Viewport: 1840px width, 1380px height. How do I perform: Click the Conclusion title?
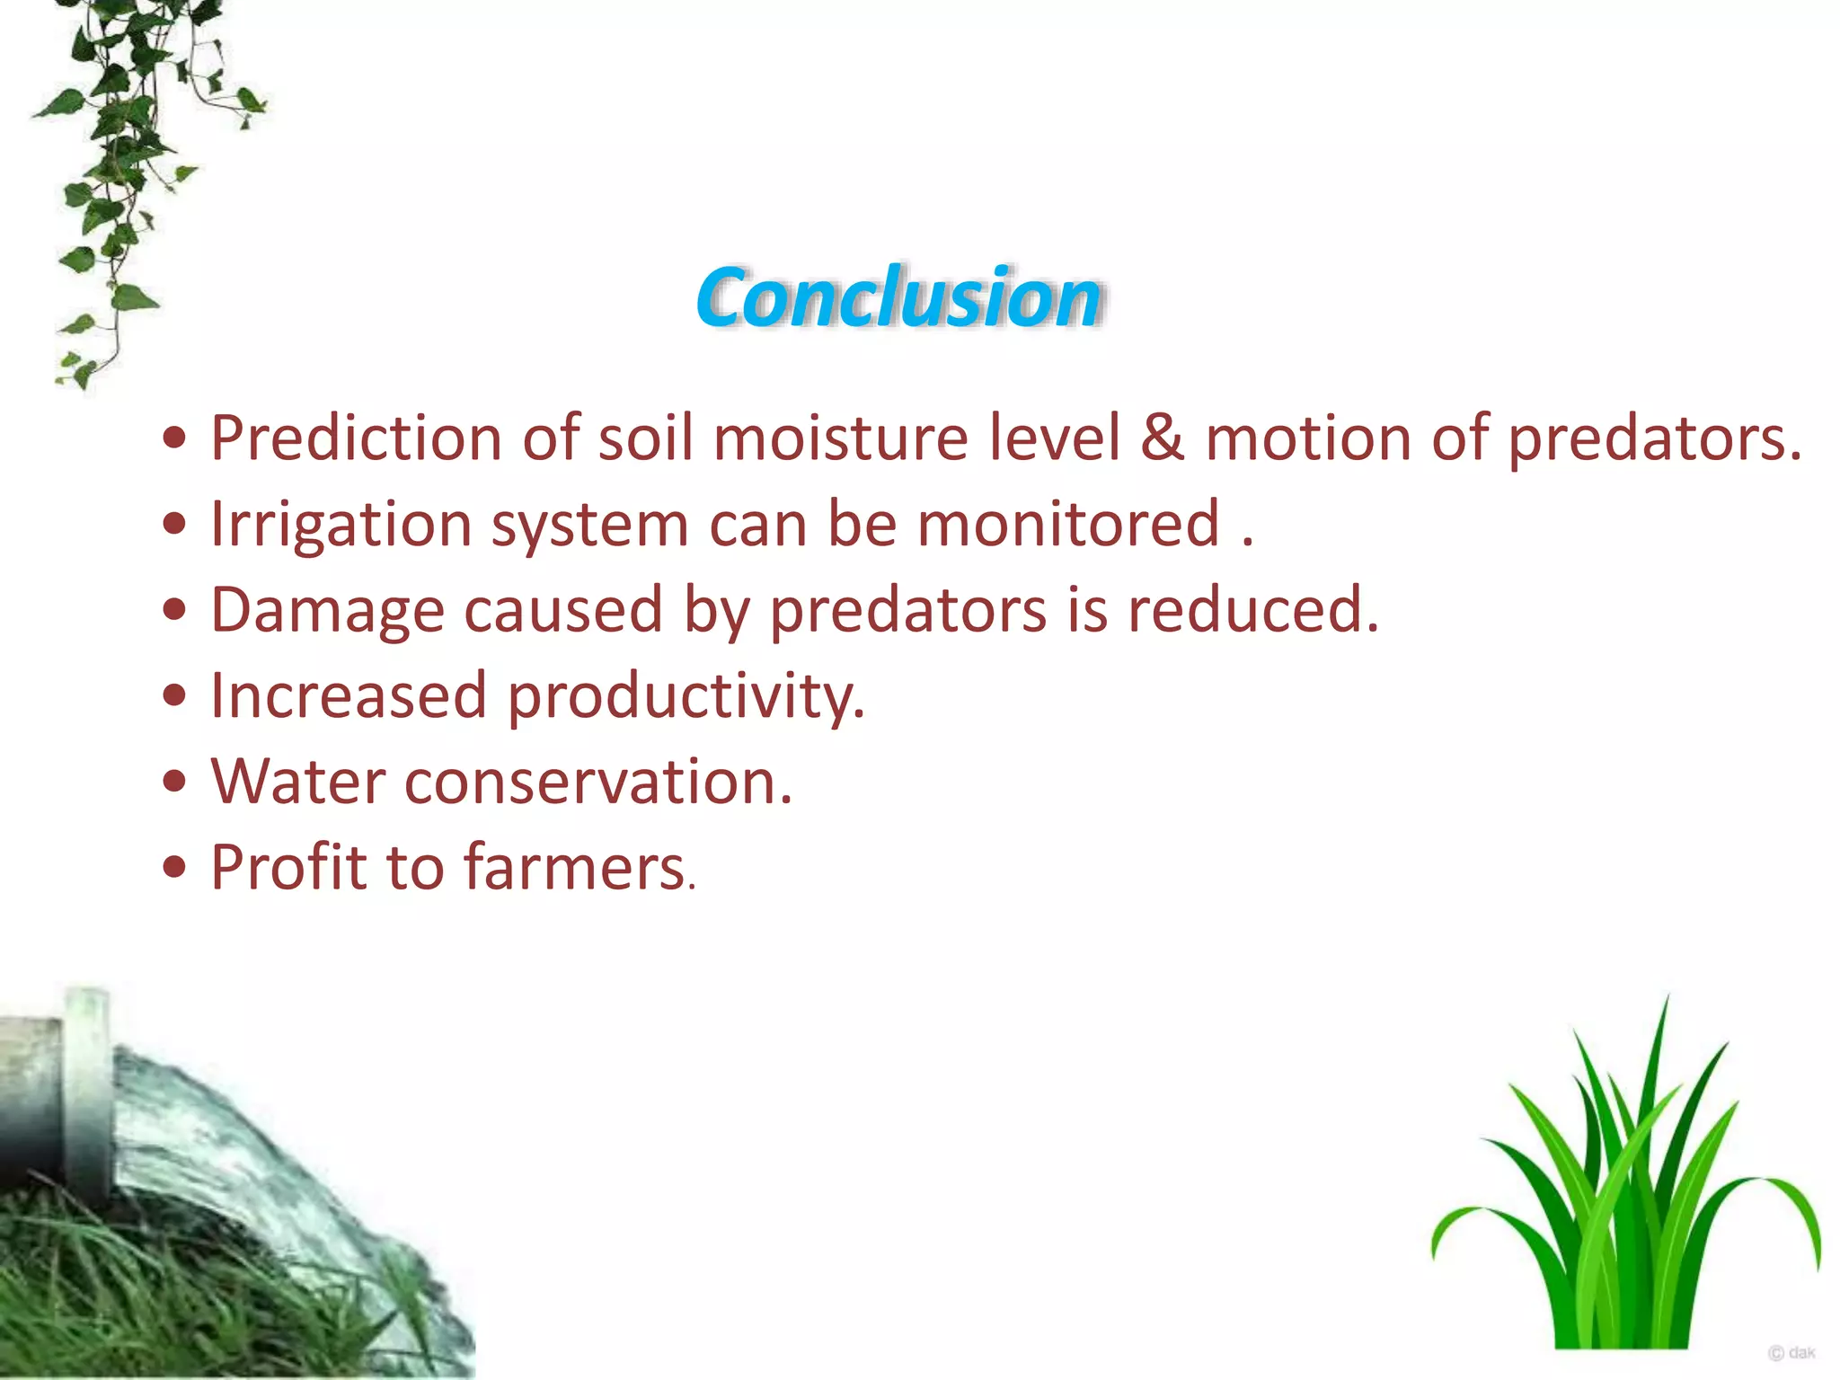[898, 297]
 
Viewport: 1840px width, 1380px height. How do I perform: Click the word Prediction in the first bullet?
[356, 438]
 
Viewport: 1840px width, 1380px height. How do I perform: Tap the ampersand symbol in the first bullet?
[1163, 438]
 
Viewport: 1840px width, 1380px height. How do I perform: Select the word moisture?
[840, 438]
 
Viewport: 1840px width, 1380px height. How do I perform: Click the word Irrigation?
[341, 525]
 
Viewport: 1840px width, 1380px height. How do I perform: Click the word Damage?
[327, 611]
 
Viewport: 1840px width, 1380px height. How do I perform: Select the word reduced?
[1252, 611]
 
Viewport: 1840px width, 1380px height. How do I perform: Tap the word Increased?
[349, 696]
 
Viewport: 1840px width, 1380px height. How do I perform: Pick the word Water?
[297, 782]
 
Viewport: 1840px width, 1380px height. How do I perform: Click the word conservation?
[597, 782]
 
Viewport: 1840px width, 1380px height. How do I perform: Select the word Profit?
[288, 868]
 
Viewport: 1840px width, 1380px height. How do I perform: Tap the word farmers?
[575, 868]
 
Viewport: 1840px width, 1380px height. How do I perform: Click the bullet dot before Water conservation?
[175, 782]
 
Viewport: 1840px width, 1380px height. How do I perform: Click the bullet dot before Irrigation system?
[175, 525]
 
